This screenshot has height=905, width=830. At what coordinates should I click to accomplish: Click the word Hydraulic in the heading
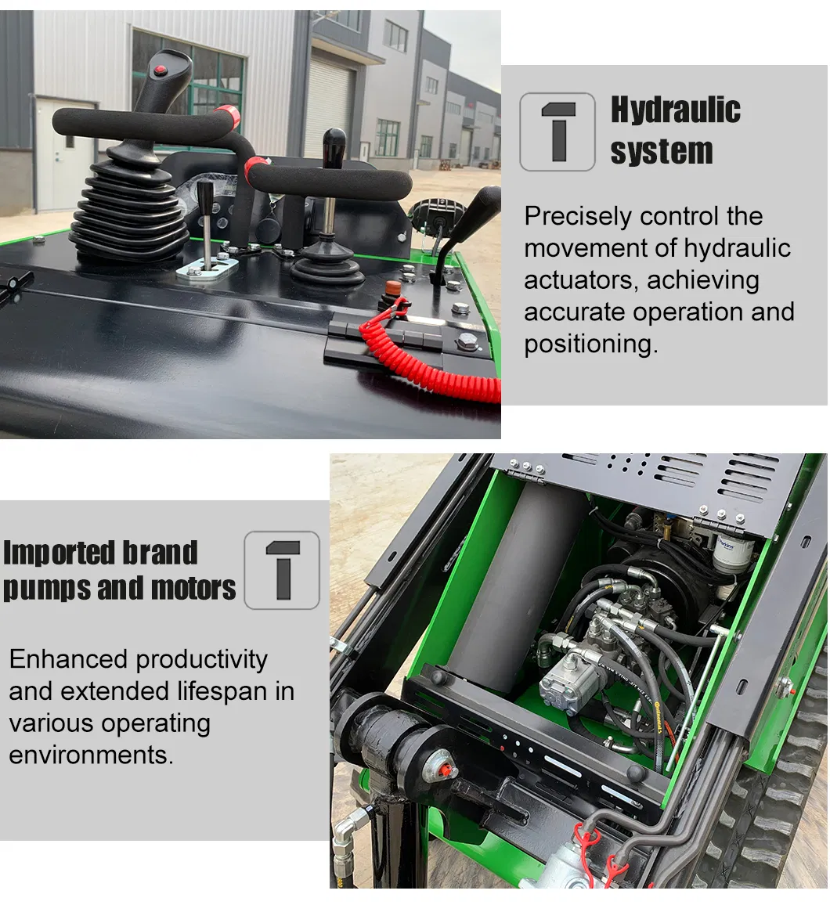675,110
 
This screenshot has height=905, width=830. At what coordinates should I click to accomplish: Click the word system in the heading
661,151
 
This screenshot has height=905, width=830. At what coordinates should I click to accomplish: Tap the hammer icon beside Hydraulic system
558,132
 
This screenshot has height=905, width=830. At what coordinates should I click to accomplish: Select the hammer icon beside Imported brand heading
282,570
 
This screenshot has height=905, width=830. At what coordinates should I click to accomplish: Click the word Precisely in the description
577,216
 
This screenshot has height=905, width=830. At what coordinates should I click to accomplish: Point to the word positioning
590,344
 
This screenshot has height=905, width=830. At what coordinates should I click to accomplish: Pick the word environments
90,756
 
